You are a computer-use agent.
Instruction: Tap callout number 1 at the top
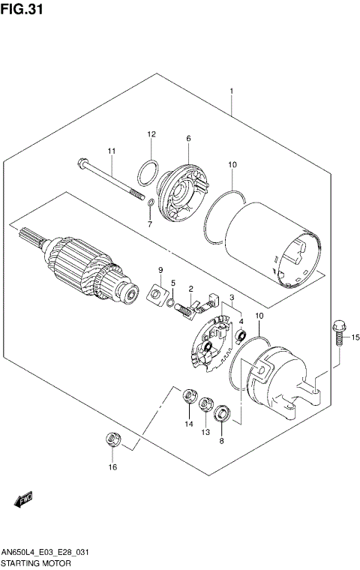[232, 91]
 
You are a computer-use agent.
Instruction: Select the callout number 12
[151, 134]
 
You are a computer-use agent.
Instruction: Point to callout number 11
[111, 152]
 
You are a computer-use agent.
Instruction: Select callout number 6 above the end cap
[188, 138]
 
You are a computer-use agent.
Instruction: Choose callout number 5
[172, 283]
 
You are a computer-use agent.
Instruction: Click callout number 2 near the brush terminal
[191, 289]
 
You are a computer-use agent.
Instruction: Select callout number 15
[355, 335]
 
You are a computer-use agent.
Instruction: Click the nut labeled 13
[205, 406]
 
